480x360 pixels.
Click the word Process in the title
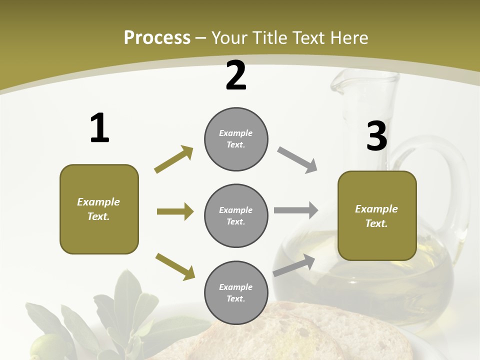coord(157,38)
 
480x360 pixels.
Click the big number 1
coord(99,128)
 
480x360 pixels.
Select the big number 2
coord(236,75)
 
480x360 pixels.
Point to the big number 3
coord(376,136)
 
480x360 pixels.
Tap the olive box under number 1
coord(99,209)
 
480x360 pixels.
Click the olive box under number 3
coord(377,215)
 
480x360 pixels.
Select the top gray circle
coord(236,139)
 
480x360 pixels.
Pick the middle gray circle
coord(236,215)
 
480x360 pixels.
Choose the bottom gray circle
coord(236,292)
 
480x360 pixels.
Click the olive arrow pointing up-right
coord(174,159)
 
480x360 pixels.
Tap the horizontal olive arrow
coord(175,211)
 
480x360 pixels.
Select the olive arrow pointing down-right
coord(175,266)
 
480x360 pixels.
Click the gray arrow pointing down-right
coord(297,160)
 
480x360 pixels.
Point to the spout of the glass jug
coord(340,85)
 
